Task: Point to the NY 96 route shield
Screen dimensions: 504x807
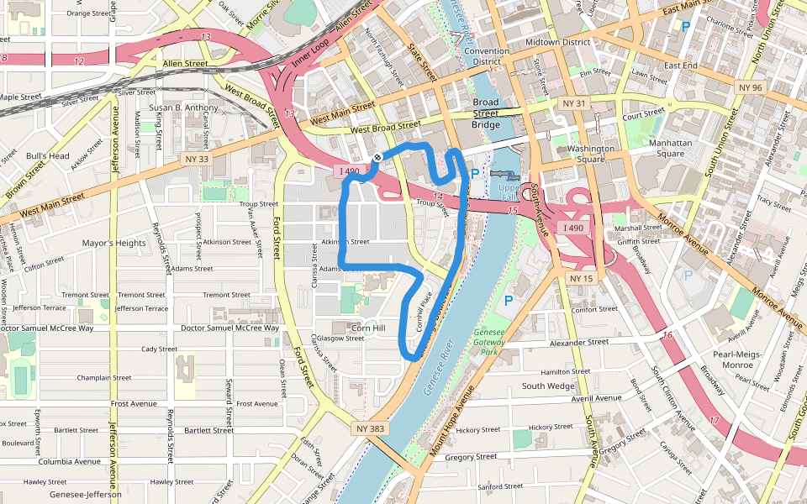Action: pos(749,87)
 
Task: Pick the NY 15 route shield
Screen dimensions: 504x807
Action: pos(581,278)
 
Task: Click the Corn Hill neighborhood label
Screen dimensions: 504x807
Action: pos(368,328)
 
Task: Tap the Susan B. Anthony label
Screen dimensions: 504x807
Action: pos(183,108)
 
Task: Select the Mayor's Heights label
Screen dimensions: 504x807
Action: pos(114,244)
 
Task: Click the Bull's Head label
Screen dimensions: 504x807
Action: pos(47,156)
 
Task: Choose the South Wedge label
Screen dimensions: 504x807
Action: pos(548,386)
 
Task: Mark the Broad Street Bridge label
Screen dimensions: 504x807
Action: pos(485,113)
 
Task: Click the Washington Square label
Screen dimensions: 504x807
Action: pos(591,154)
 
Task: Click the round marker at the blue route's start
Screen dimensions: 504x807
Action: pos(377,157)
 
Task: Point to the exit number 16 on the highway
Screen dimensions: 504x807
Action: pos(667,337)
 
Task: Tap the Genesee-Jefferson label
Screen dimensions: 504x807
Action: pos(86,495)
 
